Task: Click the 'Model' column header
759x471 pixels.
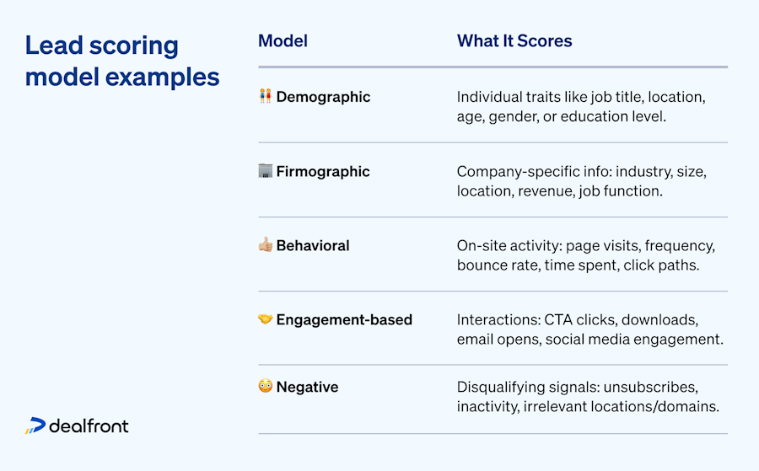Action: tap(283, 41)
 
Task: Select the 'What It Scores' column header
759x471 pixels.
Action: tap(514, 41)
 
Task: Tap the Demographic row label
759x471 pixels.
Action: tap(323, 97)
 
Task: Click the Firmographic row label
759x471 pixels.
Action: tap(323, 171)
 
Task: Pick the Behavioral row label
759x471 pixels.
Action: tap(312, 246)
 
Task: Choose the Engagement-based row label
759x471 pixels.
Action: tap(344, 319)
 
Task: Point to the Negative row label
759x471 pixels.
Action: tap(307, 387)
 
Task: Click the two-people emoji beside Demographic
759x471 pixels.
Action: tap(265, 97)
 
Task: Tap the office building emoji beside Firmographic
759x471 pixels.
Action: tap(265, 171)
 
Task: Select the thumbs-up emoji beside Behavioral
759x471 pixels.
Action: tap(265, 245)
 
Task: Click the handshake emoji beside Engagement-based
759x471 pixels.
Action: tap(265, 319)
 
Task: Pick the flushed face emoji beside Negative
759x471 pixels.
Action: tap(265, 387)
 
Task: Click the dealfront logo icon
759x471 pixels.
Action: tap(35, 426)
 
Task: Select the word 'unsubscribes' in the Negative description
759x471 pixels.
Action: tap(654, 387)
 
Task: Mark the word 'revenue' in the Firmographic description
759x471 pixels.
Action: tap(542, 191)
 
